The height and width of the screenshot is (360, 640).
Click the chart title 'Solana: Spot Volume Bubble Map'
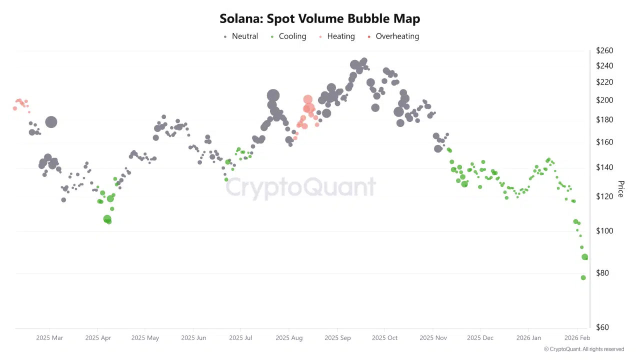tap(319, 18)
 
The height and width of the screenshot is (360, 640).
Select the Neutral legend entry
tap(241, 36)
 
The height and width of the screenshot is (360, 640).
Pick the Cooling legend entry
tap(288, 36)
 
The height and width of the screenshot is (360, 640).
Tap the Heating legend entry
tap(337, 36)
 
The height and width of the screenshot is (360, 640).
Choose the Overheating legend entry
tap(393, 36)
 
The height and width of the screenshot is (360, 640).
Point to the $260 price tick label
tap(604, 50)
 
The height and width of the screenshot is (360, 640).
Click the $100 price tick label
tap(604, 230)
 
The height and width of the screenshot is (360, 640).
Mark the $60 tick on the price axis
tap(602, 327)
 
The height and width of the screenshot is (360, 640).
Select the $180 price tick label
tap(604, 119)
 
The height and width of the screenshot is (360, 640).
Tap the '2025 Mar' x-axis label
tap(49, 338)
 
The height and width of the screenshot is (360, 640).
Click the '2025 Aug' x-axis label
tap(289, 338)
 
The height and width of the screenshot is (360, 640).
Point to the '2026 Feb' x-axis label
tap(577, 338)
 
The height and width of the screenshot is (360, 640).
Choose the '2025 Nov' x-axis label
tap(433, 338)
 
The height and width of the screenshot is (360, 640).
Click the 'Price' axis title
tap(620, 189)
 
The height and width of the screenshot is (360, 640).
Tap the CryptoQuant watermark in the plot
tap(300, 187)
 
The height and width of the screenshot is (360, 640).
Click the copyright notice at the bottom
tap(584, 349)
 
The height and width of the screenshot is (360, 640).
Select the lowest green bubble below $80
tap(583, 277)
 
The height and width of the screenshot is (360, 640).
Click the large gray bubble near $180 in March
tap(51, 122)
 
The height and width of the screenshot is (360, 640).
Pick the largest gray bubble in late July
tap(273, 95)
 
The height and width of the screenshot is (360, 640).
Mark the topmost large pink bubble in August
tap(307, 99)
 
